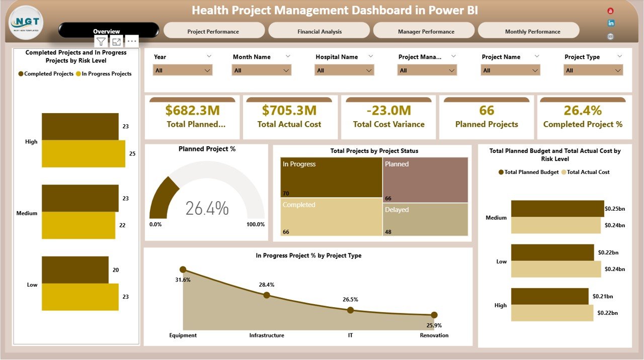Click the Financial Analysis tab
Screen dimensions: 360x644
pos(319,31)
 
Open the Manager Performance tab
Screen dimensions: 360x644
pos(426,31)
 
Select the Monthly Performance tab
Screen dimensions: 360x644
pos(532,31)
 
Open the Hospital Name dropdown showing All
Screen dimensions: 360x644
pos(345,70)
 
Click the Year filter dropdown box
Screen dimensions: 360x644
pos(182,70)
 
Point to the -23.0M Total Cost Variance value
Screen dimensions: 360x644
pos(388,110)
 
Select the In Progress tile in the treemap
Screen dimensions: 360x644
pos(331,177)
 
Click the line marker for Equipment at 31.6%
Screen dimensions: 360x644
pos(183,269)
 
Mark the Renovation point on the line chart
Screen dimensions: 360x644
pos(434,315)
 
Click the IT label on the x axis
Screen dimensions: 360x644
pos(350,335)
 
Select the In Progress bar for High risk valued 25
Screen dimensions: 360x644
pos(83,153)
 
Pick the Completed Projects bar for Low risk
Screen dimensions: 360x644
pos(75,270)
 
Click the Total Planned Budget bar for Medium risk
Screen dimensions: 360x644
pos(557,209)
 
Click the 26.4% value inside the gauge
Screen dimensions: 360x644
pos(207,208)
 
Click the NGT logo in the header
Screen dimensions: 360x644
pos(26,23)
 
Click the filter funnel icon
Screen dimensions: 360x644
pos(101,42)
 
